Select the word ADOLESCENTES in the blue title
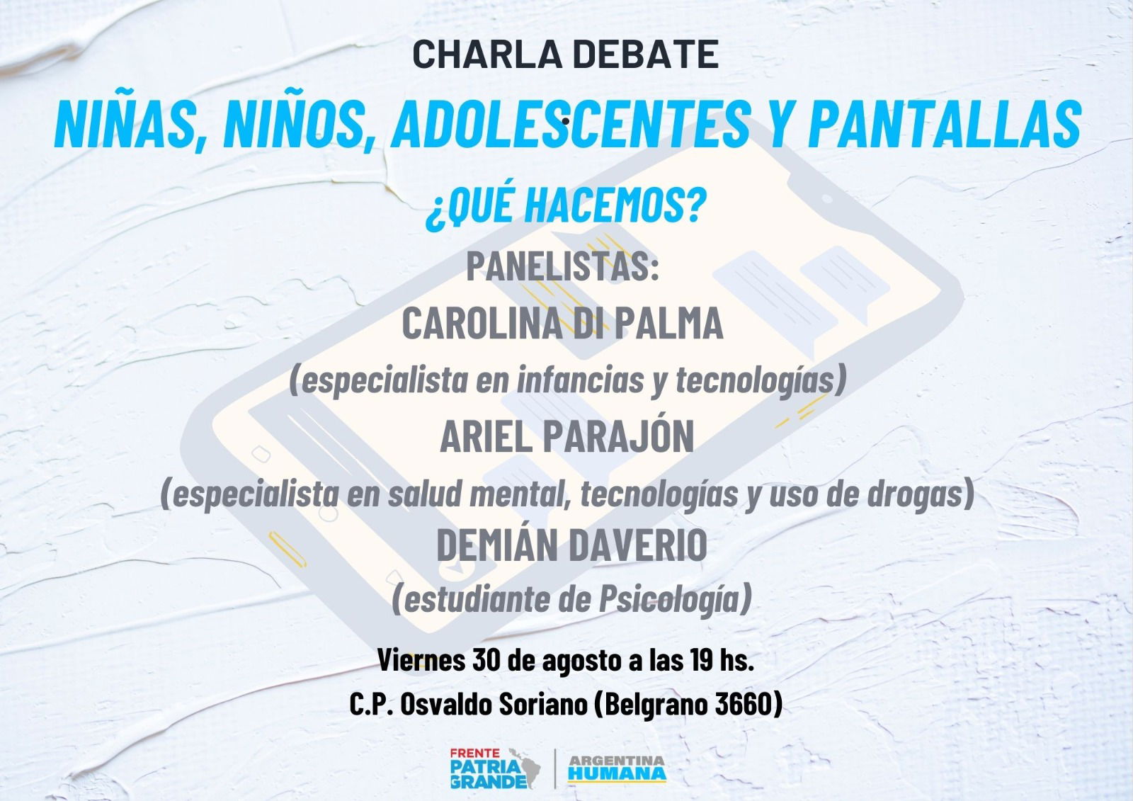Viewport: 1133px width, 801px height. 571,124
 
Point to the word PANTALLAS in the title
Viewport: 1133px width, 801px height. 945,124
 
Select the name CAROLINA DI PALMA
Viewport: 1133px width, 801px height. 562,324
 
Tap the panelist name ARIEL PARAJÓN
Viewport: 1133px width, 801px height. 567,436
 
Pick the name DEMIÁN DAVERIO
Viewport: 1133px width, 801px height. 571,544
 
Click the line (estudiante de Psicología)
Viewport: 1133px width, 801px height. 571,599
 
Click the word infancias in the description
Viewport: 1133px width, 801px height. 580,380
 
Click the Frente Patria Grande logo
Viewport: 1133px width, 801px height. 495,768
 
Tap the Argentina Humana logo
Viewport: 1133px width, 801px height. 617,768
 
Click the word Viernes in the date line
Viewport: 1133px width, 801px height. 421,660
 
